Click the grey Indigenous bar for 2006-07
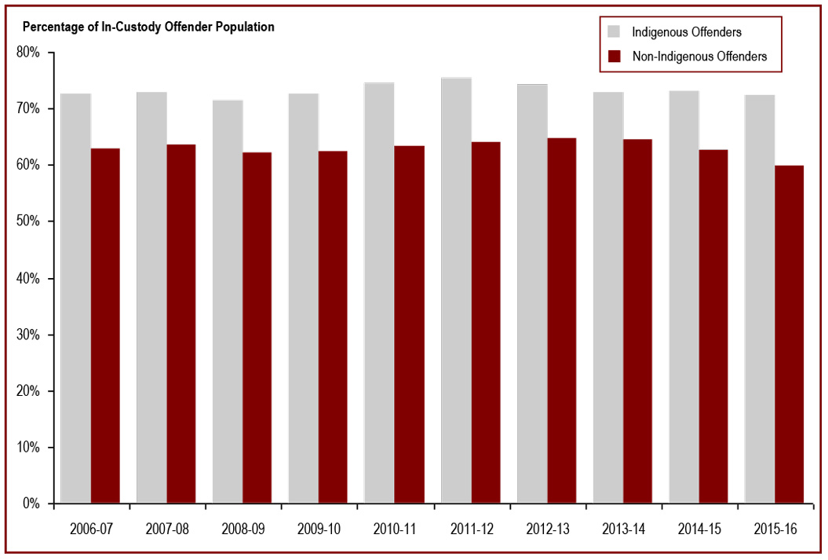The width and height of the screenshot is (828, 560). tap(75, 298)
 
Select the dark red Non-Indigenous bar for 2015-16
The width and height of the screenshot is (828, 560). tap(790, 334)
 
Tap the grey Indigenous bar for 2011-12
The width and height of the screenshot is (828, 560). tap(456, 291)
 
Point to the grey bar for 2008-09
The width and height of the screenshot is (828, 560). tap(228, 302)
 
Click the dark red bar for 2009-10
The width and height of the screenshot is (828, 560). tap(334, 327)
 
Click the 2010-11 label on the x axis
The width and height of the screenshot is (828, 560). tap(395, 529)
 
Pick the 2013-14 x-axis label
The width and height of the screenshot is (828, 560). tap(623, 529)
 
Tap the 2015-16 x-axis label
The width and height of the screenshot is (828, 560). tap(775, 529)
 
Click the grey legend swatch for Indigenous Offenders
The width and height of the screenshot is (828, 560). tap(615, 32)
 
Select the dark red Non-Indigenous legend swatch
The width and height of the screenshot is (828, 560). tap(615, 56)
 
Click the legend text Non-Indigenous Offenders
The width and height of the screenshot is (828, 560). tap(699, 56)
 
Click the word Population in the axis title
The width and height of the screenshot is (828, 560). tap(249, 27)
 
